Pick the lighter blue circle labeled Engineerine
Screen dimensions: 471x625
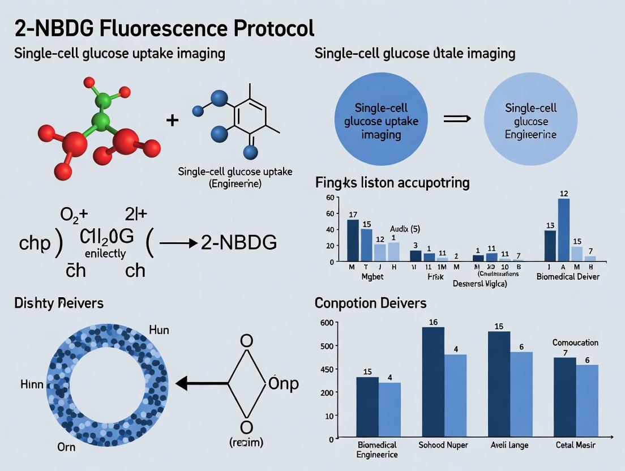[530, 121]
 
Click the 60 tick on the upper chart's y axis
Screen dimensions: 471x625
[330, 198]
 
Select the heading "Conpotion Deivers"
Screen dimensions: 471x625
[370, 303]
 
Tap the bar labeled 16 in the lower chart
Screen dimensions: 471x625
[433, 383]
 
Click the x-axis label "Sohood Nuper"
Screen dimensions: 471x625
[443, 445]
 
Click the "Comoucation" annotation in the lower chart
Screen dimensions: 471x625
[575, 342]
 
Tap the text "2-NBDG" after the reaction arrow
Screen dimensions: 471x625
[239, 242]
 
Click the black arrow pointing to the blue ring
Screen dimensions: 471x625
[201, 384]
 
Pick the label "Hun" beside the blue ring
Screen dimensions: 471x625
[159, 329]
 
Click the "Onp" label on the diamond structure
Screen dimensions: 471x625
[282, 383]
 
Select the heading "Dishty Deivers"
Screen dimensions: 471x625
[59, 303]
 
